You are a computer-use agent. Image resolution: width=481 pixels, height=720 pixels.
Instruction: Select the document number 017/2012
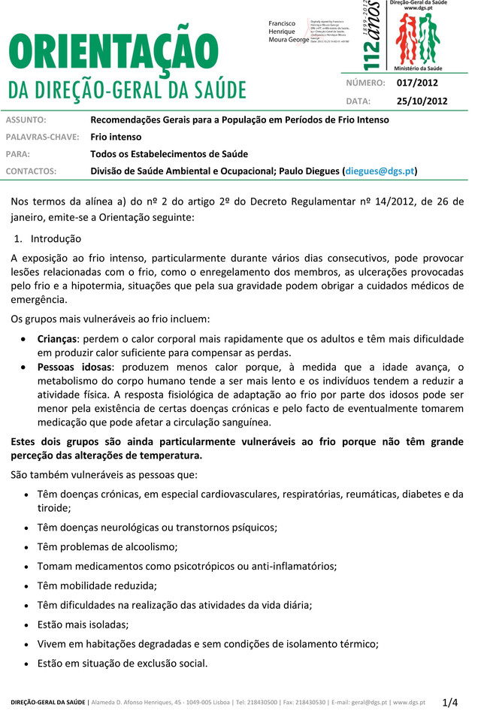coord(417,83)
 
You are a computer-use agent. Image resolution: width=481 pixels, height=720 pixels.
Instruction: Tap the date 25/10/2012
coord(422,101)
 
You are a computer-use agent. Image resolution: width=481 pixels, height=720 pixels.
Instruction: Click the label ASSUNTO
coord(26,119)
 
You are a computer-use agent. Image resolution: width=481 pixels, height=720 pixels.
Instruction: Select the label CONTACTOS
coord(32,171)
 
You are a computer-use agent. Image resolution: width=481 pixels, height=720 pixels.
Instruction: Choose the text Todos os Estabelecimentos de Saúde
coord(169,154)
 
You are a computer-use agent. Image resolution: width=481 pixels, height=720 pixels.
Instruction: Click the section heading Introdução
coord(56,239)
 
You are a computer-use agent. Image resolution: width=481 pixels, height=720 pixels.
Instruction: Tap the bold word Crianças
coord(57,339)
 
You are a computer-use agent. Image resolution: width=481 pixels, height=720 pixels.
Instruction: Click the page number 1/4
coord(449,703)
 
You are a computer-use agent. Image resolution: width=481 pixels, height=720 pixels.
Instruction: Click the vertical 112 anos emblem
coord(371,35)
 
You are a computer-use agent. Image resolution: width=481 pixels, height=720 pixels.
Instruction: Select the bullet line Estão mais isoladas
coord(83,624)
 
